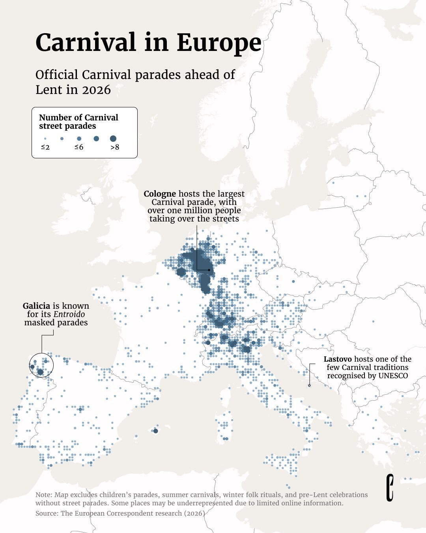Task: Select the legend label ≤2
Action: (45, 147)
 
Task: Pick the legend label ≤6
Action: (79, 147)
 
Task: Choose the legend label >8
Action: (114, 147)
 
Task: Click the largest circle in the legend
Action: (113, 139)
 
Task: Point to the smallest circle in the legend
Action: (45, 139)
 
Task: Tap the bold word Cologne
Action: (160, 194)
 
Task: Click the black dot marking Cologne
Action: (209, 270)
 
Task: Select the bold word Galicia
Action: (36, 306)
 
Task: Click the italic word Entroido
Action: (69, 314)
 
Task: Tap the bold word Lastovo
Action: (338, 359)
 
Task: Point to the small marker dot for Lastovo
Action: (309, 385)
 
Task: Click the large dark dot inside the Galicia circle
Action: (40, 372)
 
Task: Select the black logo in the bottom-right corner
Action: (390, 488)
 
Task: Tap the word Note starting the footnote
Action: (43, 495)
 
